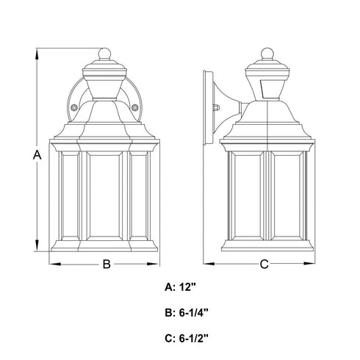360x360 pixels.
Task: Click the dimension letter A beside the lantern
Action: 37,155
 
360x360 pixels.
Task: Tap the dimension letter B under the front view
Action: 107,264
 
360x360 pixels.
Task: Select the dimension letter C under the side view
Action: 264,264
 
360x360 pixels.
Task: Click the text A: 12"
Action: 181,287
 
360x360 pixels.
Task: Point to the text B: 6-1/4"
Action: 187,313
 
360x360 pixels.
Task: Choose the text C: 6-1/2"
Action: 187,339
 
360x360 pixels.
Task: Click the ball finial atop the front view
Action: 104,54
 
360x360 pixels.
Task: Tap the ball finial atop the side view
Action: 267,54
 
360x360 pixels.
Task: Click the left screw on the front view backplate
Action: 73,107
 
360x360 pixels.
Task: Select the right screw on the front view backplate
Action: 134,107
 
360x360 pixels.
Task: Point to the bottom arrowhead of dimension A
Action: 37,245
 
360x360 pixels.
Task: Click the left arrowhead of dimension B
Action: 55,264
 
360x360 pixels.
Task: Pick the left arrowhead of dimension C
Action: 209,264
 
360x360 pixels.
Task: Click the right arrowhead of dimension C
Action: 309,264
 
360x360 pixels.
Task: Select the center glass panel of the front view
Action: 104,195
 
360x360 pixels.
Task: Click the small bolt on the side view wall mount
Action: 217,107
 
